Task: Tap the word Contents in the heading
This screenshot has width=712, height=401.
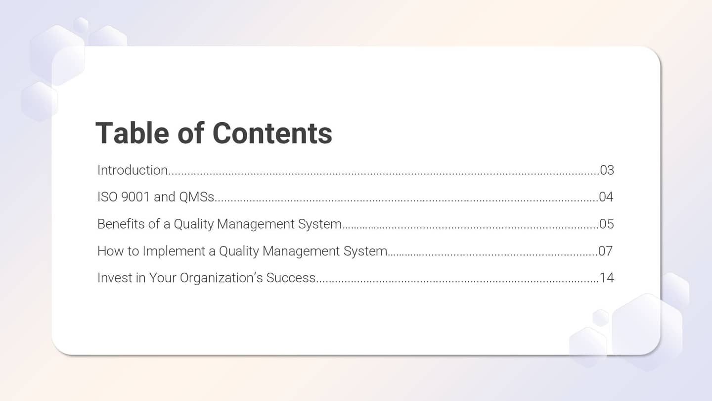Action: click(272, 133)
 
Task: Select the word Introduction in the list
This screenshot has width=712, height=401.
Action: click(133, 170)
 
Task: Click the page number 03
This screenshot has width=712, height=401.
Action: click(607, 170)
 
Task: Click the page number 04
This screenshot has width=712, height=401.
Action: click(606, 197)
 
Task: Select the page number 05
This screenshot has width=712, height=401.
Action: click(606, 224)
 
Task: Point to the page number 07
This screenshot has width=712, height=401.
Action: click(605, 251)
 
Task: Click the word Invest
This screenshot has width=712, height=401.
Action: click(112, 278)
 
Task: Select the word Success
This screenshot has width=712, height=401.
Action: click(291, 278)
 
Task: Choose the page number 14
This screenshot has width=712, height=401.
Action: click(607, 278)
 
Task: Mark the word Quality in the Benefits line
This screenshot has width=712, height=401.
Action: click(193, 224)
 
